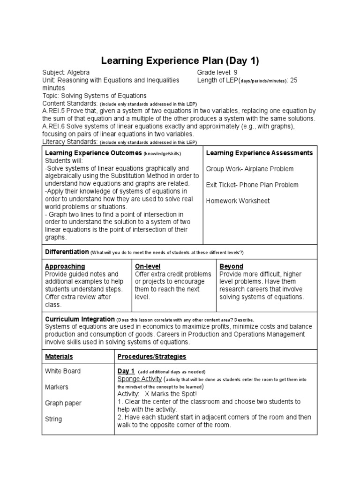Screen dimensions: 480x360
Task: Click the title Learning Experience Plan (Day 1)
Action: coord(180,61)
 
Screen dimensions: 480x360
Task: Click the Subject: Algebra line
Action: coord(66,73)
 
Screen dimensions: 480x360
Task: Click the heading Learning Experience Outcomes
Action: coord(93,153)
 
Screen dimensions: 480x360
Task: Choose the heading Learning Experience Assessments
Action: coord(259,153)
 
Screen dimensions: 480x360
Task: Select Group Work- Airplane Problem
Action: coord(250,169)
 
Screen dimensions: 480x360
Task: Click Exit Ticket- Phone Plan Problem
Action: coord(252,185)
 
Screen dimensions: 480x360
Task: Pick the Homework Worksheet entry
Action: coord(238,201)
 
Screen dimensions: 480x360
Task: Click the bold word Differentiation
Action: coord(67,252)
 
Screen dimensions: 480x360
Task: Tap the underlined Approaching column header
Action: coord(65,266)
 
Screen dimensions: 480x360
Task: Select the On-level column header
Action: coord(148,266)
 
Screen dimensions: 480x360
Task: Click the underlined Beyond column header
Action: coord(231,266)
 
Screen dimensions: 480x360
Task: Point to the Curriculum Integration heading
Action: coord(80,319)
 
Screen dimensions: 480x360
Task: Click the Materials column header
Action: coord(59,357)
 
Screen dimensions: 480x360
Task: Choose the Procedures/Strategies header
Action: coord(151,357)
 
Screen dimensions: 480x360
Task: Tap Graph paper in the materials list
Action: coord(63,403)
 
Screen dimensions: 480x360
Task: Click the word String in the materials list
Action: coord(53,419)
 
